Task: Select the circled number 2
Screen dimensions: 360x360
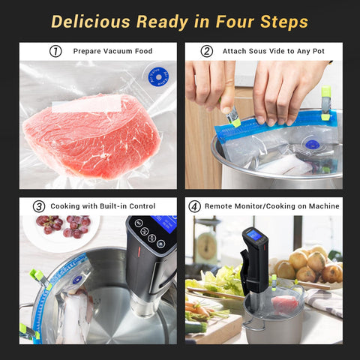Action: tap(206, 52)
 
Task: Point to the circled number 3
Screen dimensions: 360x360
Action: tap(38, 206)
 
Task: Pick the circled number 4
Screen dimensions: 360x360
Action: tap(195, 206)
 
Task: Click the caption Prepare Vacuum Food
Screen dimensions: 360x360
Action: tap(112, 52)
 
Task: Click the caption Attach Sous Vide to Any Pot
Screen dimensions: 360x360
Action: tap(274, 52)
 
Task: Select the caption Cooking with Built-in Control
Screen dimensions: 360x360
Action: tap(103, 206)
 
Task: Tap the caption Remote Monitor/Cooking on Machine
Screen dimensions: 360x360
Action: tap(267, 206)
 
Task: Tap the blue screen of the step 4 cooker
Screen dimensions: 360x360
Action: tap(254, 235)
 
